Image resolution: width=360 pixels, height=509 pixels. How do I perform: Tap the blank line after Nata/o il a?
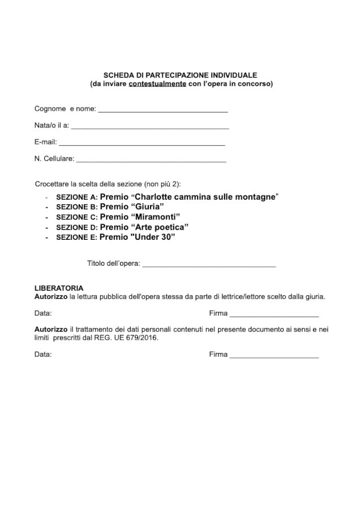150,128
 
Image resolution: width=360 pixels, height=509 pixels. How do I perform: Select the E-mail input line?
142,145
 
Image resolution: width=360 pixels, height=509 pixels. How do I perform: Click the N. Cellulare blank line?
151,162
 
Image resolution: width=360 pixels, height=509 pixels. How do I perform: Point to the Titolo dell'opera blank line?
209,266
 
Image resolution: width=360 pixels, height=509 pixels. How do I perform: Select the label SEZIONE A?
76,197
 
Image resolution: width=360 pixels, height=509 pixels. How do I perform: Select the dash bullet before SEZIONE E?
45,238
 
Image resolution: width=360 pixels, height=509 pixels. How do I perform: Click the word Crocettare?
52,184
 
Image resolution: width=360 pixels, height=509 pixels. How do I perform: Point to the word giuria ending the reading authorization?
314,296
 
